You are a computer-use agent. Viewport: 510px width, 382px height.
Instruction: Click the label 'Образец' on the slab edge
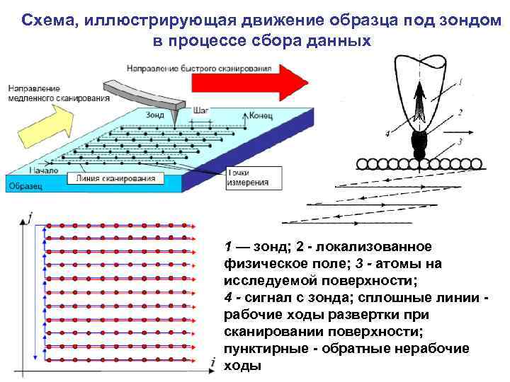[x=25, y=186]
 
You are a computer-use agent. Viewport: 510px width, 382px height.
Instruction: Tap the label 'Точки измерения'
[x=247, y=178]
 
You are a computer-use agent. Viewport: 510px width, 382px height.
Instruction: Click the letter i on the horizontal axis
[x=212, y=362]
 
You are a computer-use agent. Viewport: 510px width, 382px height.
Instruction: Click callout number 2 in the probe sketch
[x=460, y=112]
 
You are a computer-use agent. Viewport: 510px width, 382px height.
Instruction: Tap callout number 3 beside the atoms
[x=460, y=142]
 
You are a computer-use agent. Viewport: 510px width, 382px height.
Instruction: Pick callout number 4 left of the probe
[x=387, y=133]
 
